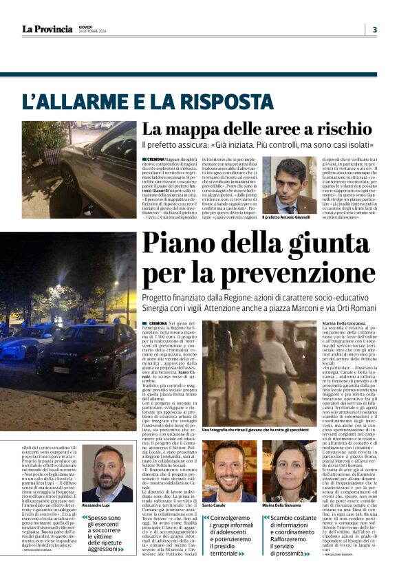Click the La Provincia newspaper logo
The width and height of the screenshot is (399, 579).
click(x=47, y=29)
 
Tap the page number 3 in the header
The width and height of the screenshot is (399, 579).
click(x=374, y=29)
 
